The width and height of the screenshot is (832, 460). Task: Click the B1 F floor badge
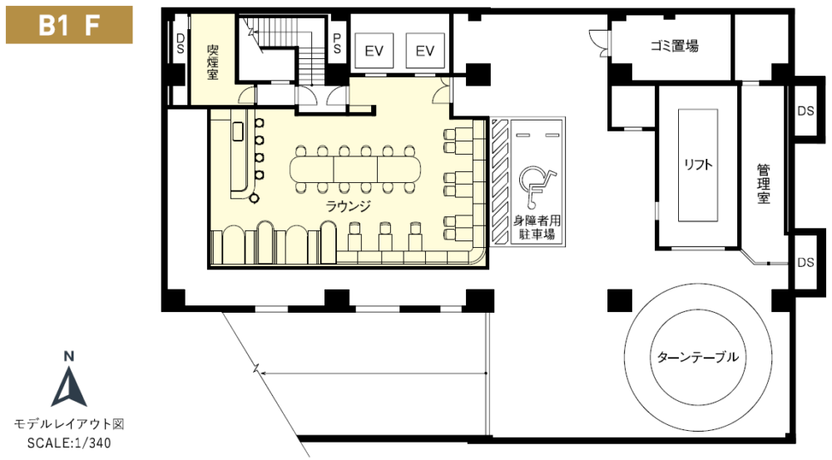click(69, 25)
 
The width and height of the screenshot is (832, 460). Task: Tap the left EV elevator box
click(374, 51)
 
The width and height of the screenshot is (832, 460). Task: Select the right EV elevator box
click(425, 51)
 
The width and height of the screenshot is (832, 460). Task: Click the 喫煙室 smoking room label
click(213, 62)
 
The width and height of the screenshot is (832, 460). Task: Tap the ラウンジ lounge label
click(348, 205)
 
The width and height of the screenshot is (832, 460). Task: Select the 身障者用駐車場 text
click(537, 227)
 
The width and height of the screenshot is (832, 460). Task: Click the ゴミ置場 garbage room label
click(675, 46)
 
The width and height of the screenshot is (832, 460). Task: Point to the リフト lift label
click(698, 165)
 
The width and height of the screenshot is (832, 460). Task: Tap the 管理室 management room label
click(763, 184)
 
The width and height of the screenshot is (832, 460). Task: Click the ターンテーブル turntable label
click(698, 357)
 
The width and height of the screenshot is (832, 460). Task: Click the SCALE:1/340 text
click(69, 443)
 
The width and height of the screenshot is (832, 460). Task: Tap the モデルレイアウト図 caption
click(69, 424)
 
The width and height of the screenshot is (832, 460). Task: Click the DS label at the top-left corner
click(181, 43)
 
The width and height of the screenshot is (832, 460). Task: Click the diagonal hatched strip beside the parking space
click(500, 181)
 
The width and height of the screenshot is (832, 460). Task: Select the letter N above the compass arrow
click(69, 357)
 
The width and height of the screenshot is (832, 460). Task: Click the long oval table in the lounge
click(355, 169)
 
